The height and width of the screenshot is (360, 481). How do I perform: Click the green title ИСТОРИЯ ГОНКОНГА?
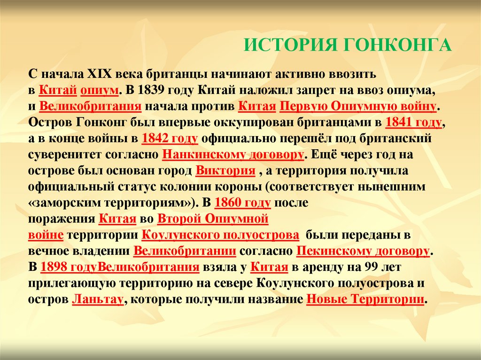(348, 45)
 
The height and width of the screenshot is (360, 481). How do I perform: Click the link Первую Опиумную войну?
(358, 106)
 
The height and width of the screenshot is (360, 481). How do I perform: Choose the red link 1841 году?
(413, 123)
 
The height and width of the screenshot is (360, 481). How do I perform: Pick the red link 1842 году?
(169, 139)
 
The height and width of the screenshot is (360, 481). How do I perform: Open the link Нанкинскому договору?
(233, 155)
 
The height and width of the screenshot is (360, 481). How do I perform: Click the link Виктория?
(225, 171)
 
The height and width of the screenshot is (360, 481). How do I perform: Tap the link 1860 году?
(242, 203)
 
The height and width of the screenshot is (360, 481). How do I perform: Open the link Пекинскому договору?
(363, 251)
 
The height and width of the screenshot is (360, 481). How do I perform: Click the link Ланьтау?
(98, 299)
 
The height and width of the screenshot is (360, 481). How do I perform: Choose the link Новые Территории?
(365, 299)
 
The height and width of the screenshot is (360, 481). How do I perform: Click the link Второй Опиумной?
(212, 219)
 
